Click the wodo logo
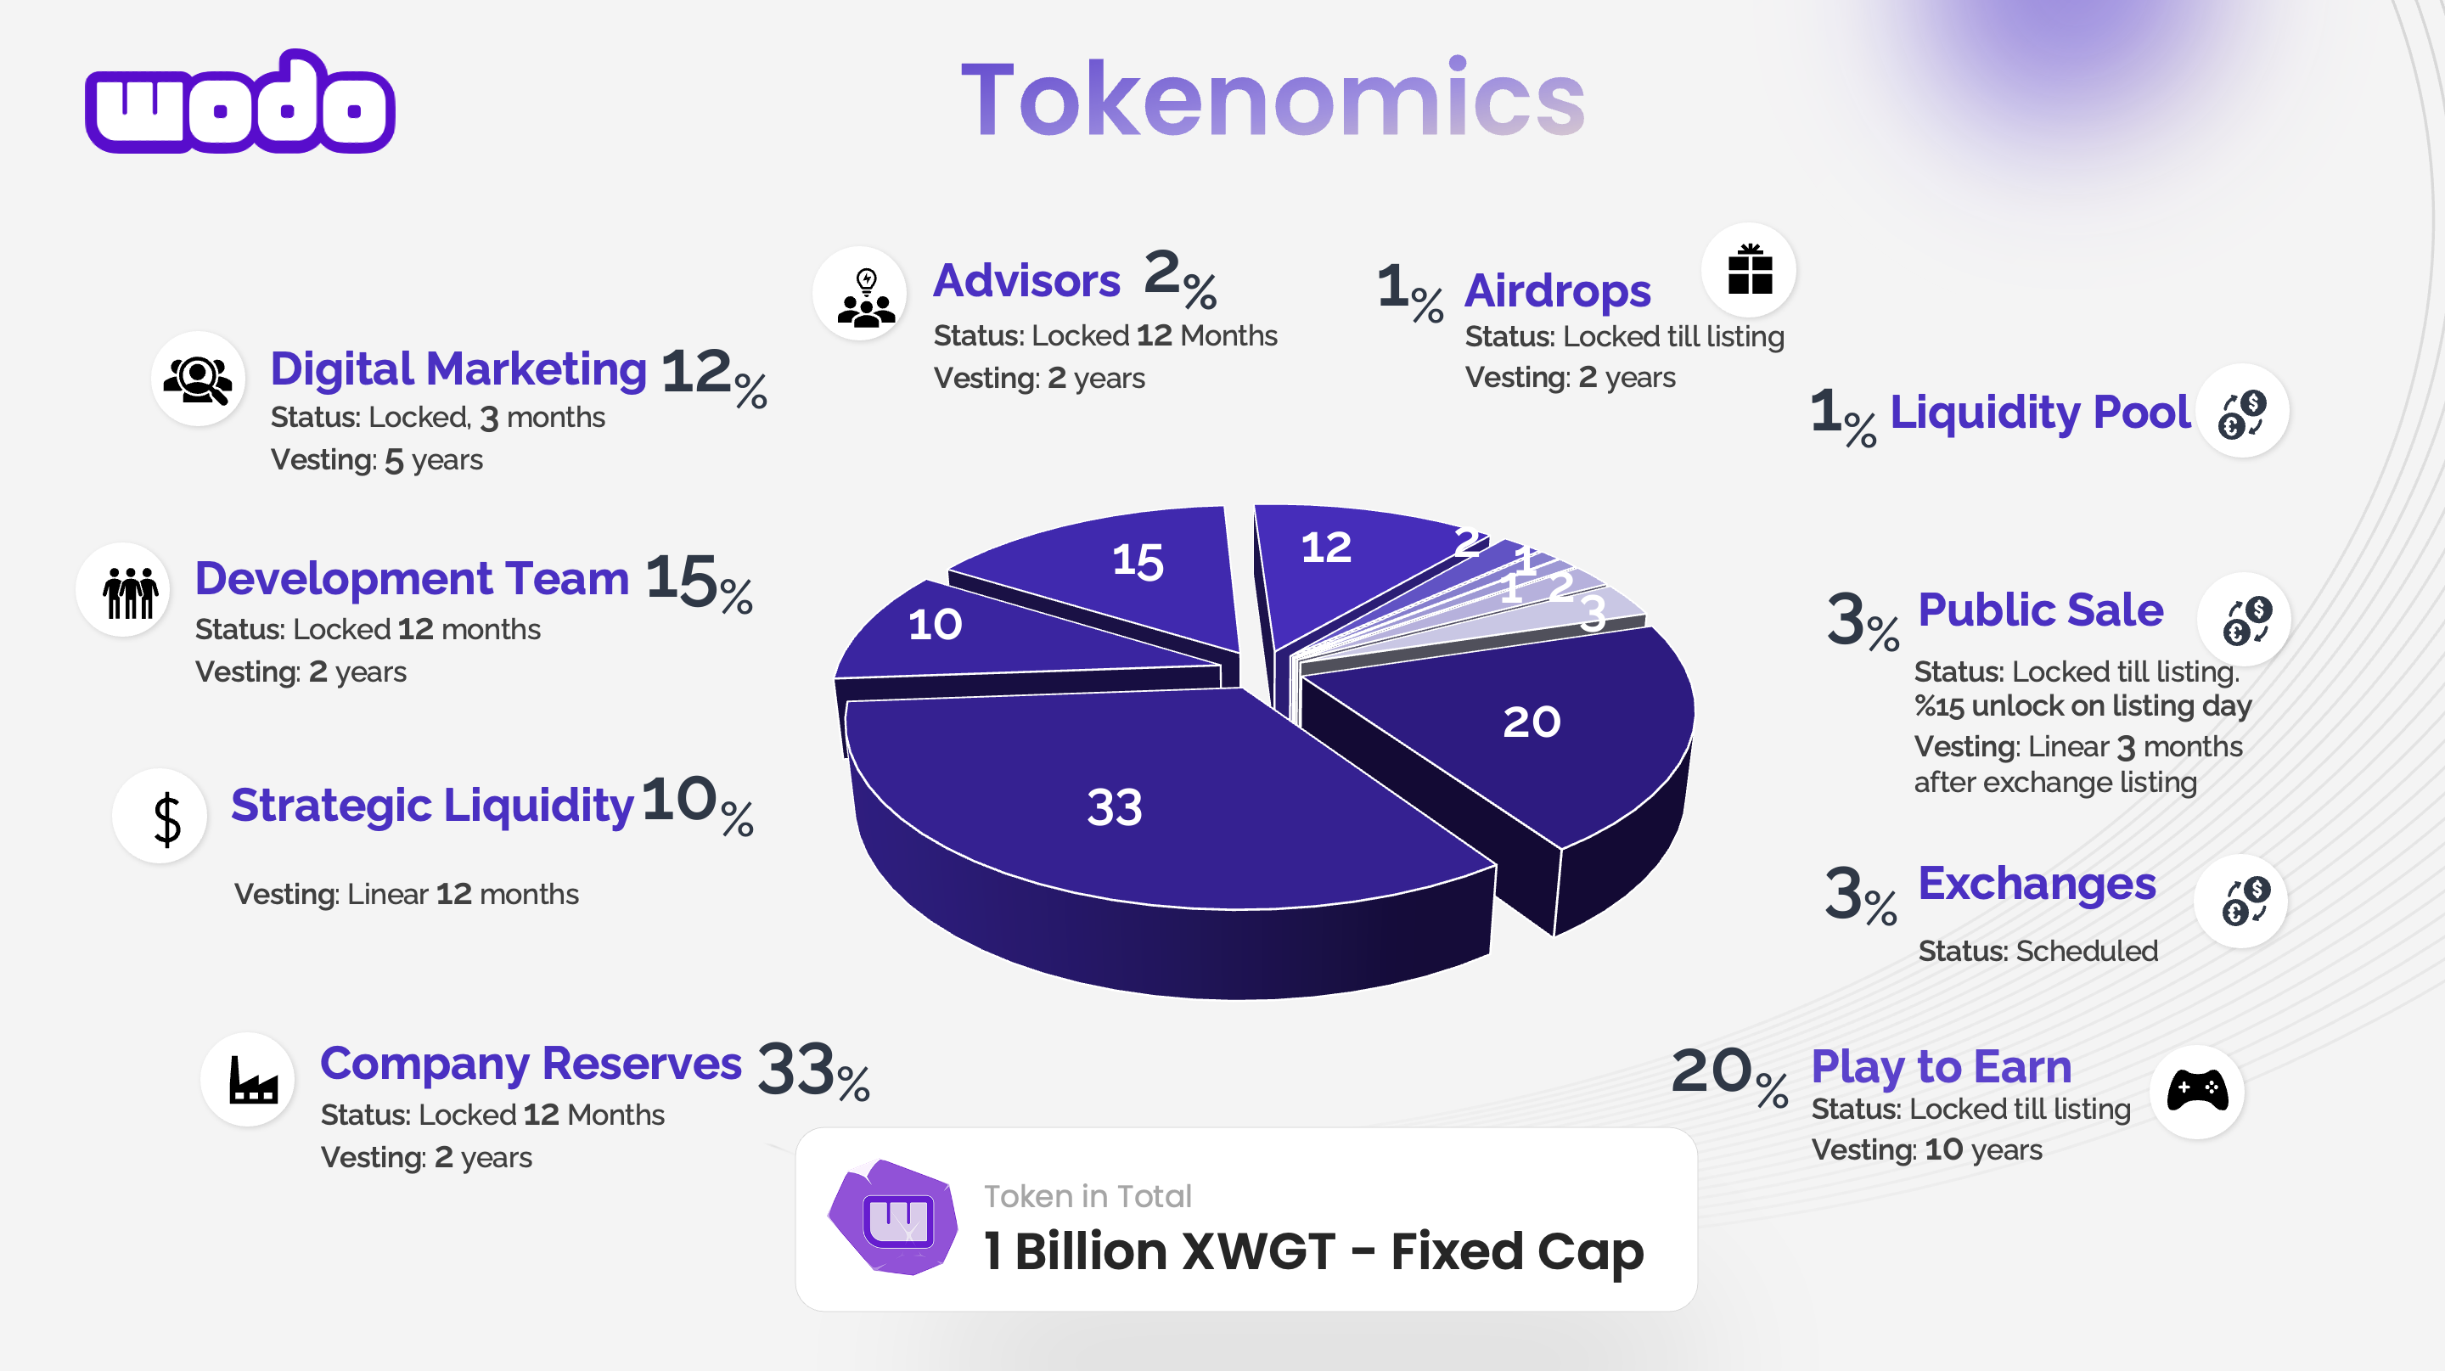click(240, 103)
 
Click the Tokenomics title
click(1273, 98)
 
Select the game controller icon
click(2197, 1090)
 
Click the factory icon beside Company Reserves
click(252, 1079)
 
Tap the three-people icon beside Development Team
click(130, 592)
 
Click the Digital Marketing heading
click(458, 369)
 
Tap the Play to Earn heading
click(1941, 1067)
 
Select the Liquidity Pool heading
click(2040, 413)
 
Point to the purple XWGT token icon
click(892, 1217)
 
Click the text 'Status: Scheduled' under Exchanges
click(2037, 951)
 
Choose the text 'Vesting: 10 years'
click(1927, 1150)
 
